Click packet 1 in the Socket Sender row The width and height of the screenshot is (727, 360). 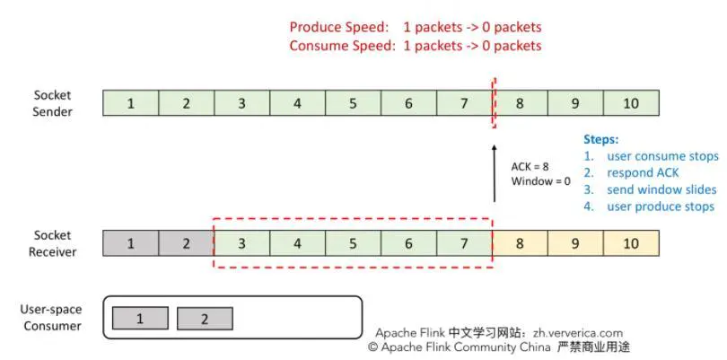point(131,103)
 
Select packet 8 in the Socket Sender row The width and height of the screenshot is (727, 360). point(520,103)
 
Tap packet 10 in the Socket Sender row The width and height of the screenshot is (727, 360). point(631,103)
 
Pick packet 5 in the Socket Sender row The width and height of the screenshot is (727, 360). point(353,103)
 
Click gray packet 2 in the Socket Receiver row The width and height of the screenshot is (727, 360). point(187,242)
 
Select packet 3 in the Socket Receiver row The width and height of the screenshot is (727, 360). point(241,242)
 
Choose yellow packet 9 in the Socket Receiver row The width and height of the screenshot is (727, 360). point(575,242)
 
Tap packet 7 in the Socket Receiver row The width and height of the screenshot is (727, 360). point(464,242)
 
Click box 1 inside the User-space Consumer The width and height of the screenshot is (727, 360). point(140,318)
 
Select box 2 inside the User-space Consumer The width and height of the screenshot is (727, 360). point(205,318)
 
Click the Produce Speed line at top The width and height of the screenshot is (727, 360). point(415,27)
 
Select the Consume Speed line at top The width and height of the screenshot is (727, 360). point(415,46)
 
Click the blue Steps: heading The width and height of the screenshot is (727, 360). point(601,140)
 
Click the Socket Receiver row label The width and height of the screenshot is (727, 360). point(53,242)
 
